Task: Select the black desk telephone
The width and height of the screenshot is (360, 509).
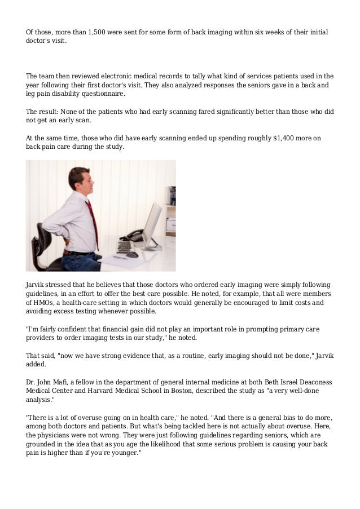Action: (134, 234)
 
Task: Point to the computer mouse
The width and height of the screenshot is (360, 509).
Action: (133, 255)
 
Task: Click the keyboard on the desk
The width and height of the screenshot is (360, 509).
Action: (125, 247)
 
